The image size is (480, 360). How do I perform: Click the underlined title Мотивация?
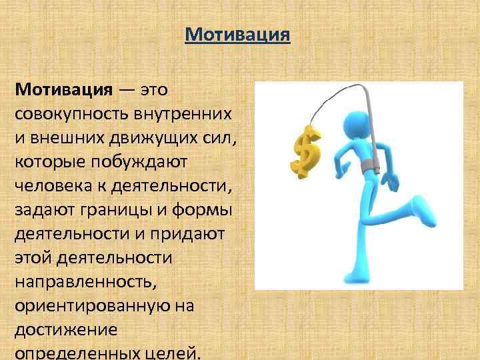pyautogui.click(x=237, y=34)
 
